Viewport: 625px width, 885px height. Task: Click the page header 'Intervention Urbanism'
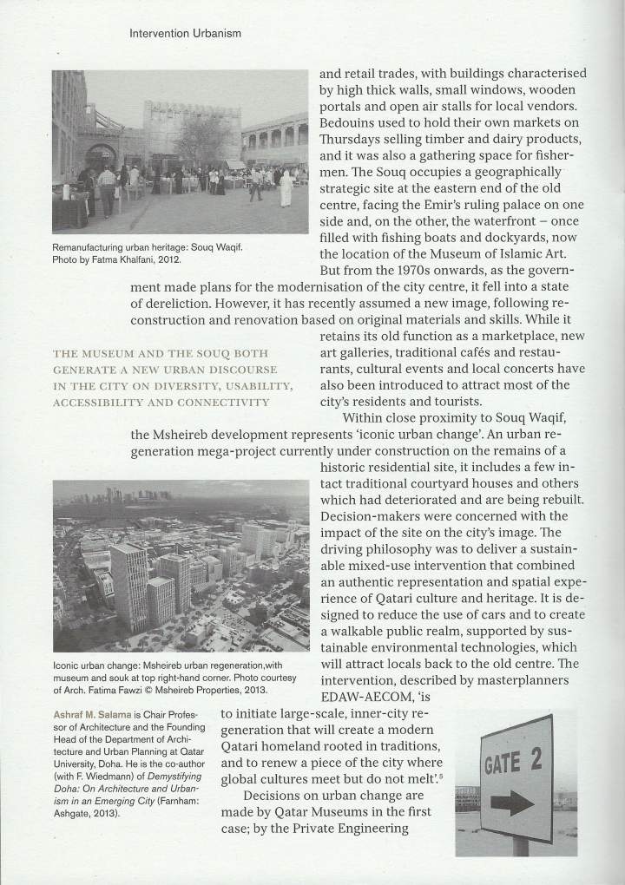[184, 34]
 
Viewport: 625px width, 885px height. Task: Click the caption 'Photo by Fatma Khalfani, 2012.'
[117, 259]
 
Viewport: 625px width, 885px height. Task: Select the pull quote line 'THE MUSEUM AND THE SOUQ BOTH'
[161, 353]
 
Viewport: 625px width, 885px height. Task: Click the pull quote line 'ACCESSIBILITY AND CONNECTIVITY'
[161, 402]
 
